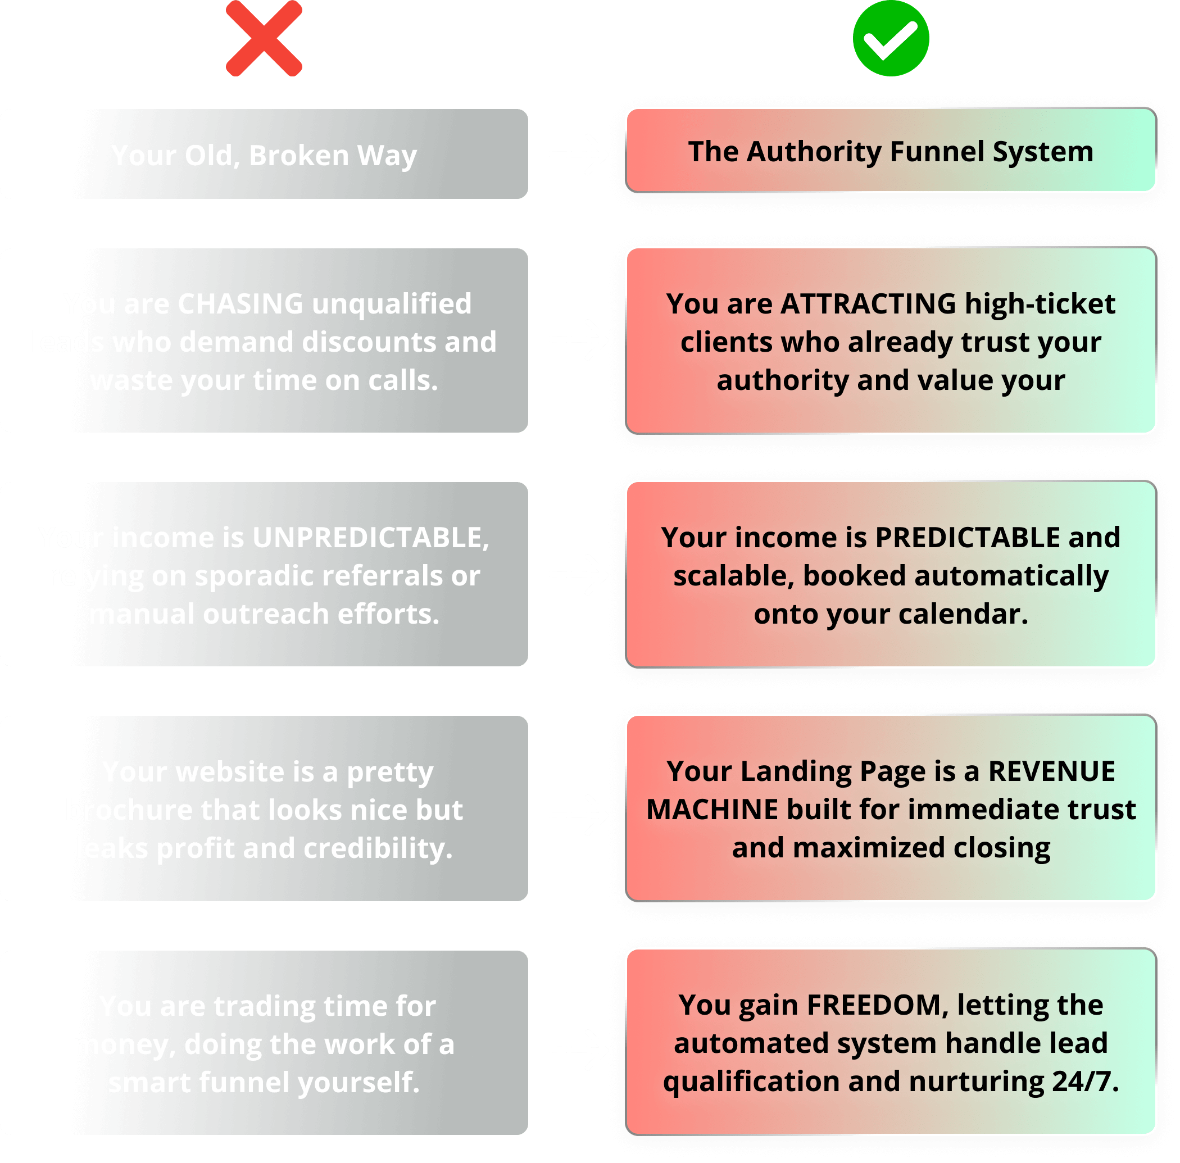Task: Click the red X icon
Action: click(x=264, y=38)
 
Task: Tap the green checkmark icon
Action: click(x=891, y=38)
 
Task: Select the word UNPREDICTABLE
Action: click(x=369, y=538)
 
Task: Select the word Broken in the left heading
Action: click(x=299, y=155)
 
